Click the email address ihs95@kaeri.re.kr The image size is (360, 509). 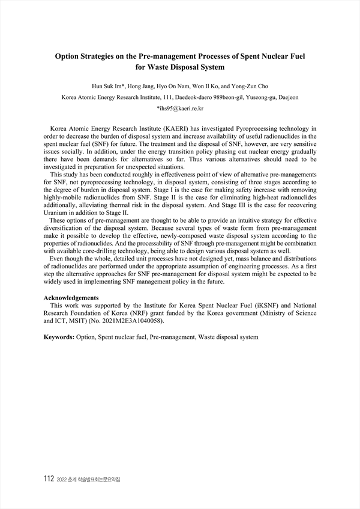click(180, 108)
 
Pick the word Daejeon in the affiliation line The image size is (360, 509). click(287, 97)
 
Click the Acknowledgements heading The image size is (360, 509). click(72, 298)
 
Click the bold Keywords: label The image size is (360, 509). click(59, 337)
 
